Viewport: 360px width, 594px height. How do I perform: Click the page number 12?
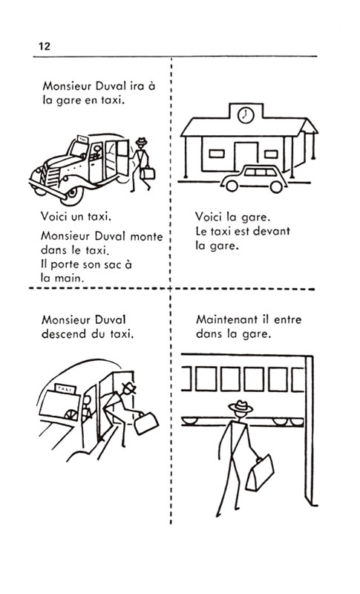[45, 46]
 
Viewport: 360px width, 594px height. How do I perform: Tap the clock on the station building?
[246, 114]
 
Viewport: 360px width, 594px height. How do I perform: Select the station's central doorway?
[246, 157]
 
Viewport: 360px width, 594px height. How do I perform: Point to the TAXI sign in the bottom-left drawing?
[65, 388]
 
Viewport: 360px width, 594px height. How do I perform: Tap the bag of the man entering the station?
[260, 473]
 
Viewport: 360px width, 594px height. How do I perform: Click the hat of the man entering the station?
[240, 406]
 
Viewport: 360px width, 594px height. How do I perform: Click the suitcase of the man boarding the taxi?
[147, 173]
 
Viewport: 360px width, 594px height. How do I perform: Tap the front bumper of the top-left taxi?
[48, 190]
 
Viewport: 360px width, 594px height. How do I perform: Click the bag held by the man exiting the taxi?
[146, 423]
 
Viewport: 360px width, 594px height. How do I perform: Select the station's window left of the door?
[217, 154]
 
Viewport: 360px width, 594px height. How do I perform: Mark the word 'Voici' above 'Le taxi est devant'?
[209, 217]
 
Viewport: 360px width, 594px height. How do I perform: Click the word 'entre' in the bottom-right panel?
[287, 319]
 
